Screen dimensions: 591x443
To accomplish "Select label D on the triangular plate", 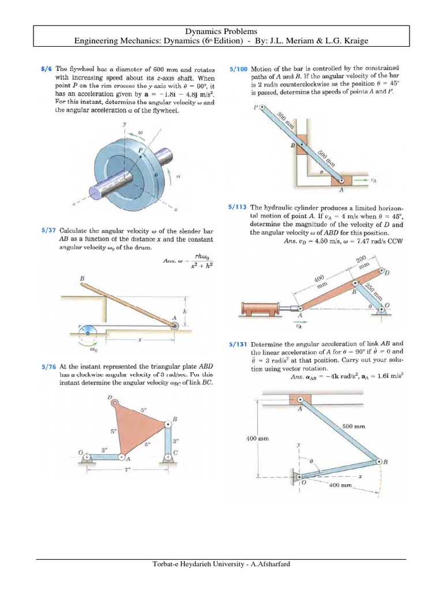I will pyautogui.click(x=109, y=398).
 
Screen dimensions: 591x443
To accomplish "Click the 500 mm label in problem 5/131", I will pyautogui.click(x=354, y=426).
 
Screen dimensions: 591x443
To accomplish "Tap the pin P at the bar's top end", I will pyautogui.click(x=263, y=107).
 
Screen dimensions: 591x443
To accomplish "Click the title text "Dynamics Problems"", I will pyautogui.click(x=221, y=31).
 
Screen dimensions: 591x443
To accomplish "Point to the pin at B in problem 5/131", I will pyautogui.click(x=380, y=462).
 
